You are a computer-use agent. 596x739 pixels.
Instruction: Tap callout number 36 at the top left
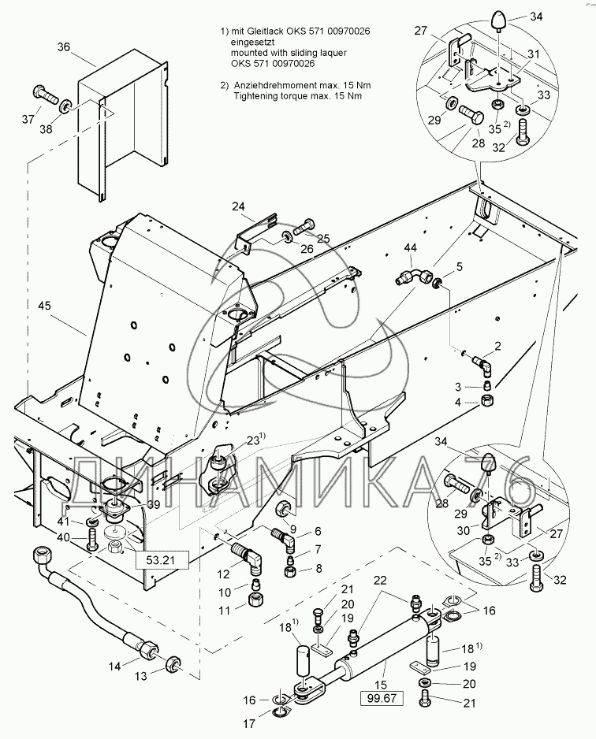coord(64,47)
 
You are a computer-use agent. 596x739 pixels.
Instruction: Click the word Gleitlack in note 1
coord(273,30)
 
